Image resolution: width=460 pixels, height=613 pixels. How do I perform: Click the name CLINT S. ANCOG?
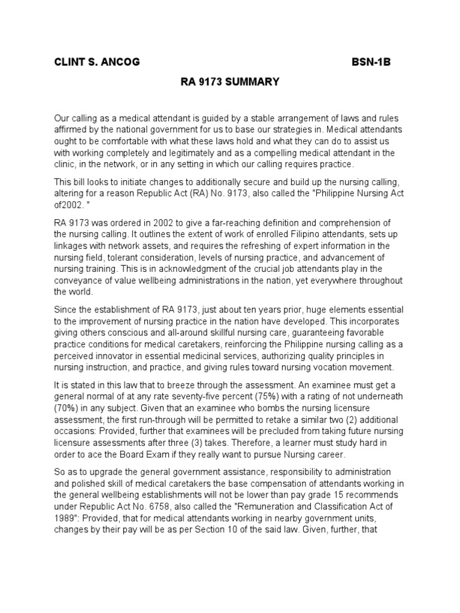(x=97, y=63)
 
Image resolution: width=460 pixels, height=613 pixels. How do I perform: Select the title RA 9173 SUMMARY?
(x=230, y=82)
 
